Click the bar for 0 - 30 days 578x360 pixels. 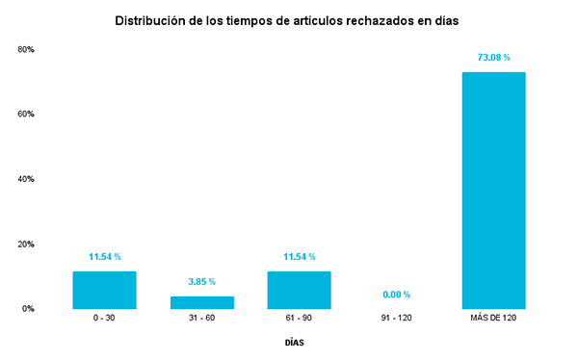104,290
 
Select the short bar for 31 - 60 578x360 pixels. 202,302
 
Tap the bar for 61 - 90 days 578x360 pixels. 299,290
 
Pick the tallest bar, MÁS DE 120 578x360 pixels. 493,191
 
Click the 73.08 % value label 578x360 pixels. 493,58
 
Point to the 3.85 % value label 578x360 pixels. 202,282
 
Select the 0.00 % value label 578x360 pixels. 395,295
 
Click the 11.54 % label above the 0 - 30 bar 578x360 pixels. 104,257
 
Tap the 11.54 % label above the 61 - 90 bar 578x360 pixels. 299,257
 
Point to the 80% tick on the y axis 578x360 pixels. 26,49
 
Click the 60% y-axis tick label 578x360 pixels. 26,114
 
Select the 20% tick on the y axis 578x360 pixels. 26,244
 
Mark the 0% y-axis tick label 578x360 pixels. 28,309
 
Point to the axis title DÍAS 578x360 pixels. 298,343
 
